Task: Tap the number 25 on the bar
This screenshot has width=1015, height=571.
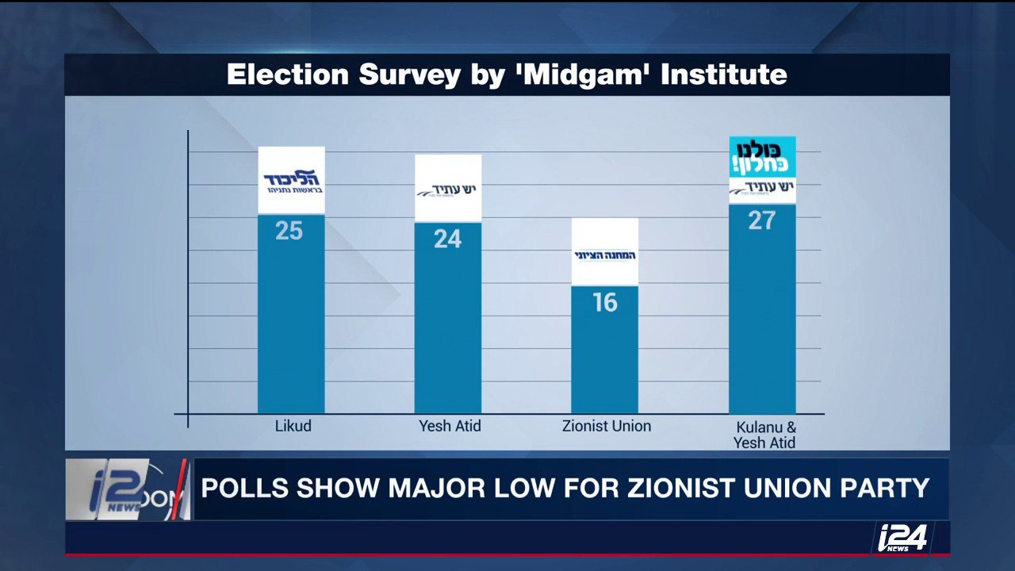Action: pyautogui.click(x=289, y=231)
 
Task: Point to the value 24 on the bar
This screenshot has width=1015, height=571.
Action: pyautogui.click(x=447, y=239)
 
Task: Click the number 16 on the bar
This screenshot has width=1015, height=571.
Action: pyautogui.click(x=604, y=302)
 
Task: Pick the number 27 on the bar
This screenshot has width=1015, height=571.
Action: pyautogui.click(x=761, y=220)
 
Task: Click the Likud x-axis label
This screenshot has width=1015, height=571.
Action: pyautogui.click(x=293, y=426)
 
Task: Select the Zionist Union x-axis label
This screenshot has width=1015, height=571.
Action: pyautogui.click(x=606, y=426)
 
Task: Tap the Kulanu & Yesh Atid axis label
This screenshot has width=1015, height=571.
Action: pyautogui.click(x=764, y=435)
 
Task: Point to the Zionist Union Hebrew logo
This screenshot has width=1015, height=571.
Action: pyautogui.click(x=604, y=255)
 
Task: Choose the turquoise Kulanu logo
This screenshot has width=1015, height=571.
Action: pyautogui.click(x=762, y=157)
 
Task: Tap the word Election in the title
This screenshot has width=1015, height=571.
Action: pyautogui.click(x=287, y=75)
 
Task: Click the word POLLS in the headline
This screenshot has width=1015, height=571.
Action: pyautogui.click(x=245, y=488)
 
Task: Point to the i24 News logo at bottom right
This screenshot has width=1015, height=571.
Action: pyautogui.click(x=902, y=538)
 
